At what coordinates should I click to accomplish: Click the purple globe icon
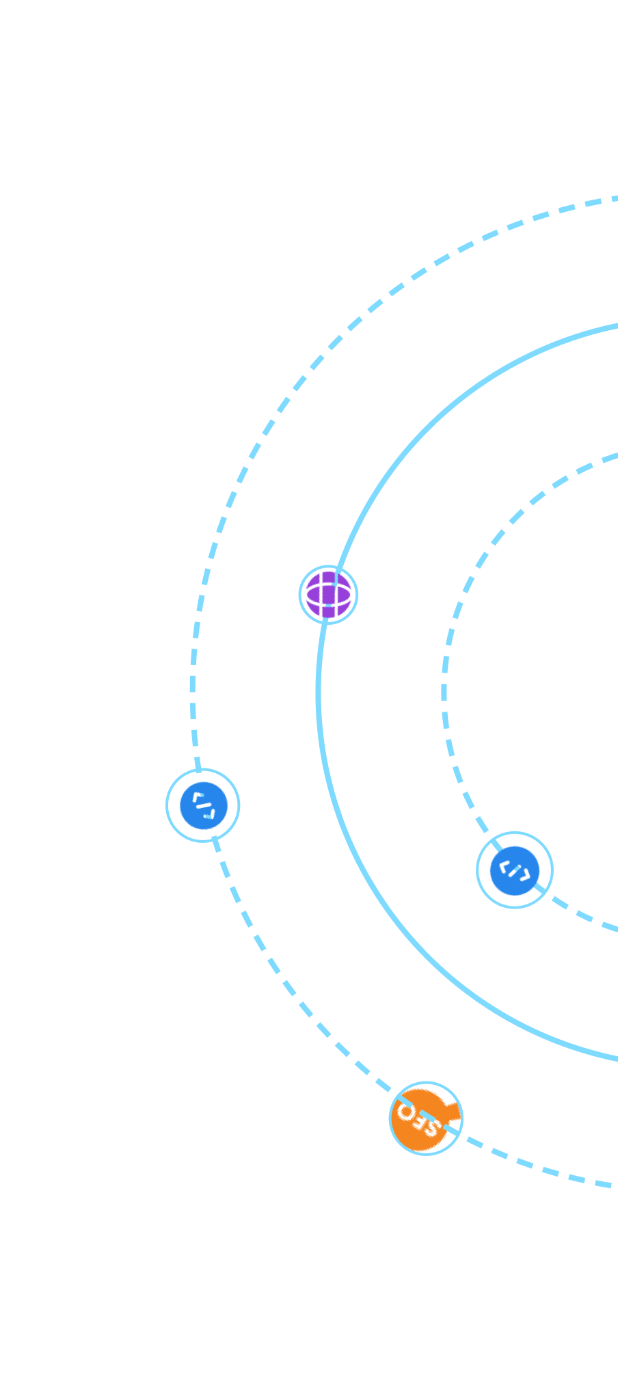[x=329, y=595]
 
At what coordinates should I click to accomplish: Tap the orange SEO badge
[x=425, y=1119]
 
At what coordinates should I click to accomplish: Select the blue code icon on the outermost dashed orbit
[x=203, y=805]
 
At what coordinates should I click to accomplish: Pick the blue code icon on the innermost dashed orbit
[x=515, y=870]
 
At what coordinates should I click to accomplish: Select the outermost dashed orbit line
[x=193, y=684]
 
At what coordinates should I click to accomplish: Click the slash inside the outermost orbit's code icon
[x=203, y=805]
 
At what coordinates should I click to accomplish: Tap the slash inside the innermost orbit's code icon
[x=515, y=870]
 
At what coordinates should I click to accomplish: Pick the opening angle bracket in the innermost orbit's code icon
[x=505, y=866]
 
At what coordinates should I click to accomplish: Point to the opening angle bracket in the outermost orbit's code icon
[x=197, y=797]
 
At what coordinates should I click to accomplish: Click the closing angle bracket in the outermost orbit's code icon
[x=210, y=813]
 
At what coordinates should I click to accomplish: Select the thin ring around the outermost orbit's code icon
[x=167, y=805]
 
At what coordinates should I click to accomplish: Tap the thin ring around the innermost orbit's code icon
[x=477, y=870]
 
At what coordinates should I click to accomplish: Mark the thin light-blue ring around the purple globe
[x=299, y=595]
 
